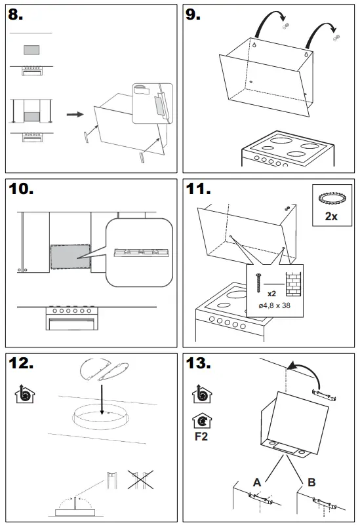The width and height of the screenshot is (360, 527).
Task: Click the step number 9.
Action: [193, 16]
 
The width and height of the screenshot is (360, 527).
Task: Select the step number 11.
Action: [199, 190]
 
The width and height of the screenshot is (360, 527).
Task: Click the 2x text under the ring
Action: [331, 216]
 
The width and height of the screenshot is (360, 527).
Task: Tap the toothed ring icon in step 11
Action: [330, 199]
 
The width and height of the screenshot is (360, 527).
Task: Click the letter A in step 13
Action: [258, 482]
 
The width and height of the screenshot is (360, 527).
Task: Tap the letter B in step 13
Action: [312, 482]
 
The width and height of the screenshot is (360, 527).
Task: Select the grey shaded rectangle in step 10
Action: [70, 257]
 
